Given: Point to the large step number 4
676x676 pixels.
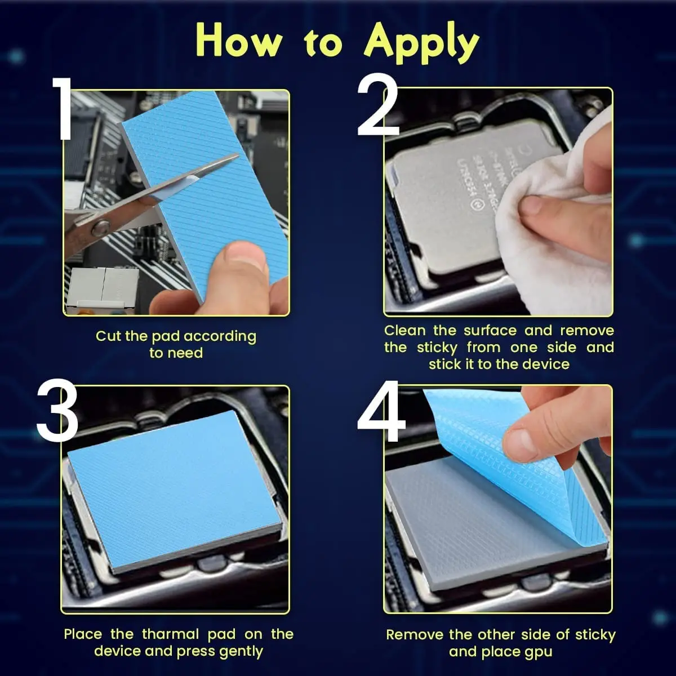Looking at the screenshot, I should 381,413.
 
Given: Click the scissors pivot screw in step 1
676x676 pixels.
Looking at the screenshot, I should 100,228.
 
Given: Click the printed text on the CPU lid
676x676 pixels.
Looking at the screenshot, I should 479,163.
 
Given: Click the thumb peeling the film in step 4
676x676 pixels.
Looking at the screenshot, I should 527,437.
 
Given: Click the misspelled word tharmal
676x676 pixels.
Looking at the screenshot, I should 171,634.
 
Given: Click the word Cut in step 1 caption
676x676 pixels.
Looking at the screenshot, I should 108,336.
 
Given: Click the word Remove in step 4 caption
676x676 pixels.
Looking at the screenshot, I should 415,635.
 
